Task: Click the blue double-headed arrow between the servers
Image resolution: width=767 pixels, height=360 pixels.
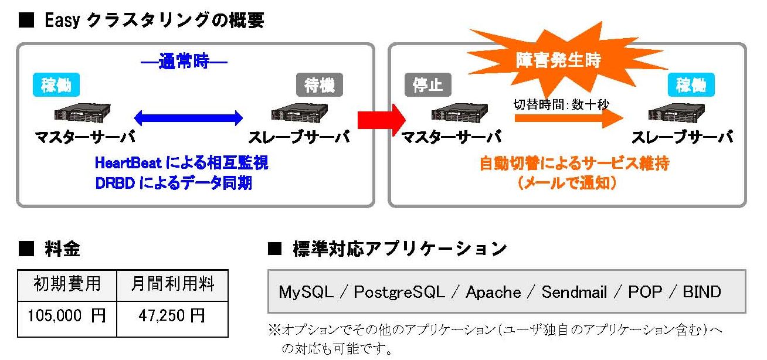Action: coord(188,118)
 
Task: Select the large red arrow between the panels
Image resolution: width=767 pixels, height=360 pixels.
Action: coord(381,120)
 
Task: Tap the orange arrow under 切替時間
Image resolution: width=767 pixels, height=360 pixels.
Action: coord(568,118)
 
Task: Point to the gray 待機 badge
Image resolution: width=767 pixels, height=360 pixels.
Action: coord(320,84)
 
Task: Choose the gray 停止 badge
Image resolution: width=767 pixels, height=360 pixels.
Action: coord(427,84)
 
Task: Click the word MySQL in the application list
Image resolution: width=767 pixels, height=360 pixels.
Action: coord(306,292)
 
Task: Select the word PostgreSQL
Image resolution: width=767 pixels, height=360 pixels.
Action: coord(399,292)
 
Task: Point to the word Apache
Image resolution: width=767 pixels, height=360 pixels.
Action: coord(493,292)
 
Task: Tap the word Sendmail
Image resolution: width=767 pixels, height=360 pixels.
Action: coord(574,292)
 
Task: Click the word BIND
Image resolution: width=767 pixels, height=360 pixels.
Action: coord(702,292)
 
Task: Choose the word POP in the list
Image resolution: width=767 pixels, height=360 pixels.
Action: coord(646,292)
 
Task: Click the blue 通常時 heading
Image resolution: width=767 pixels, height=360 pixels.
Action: coord(184,62)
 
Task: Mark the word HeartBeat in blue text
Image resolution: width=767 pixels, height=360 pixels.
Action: coord(128,162)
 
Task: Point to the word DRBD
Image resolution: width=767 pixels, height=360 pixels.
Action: coord(115,184)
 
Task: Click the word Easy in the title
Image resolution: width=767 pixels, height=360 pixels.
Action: coord(62,21)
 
